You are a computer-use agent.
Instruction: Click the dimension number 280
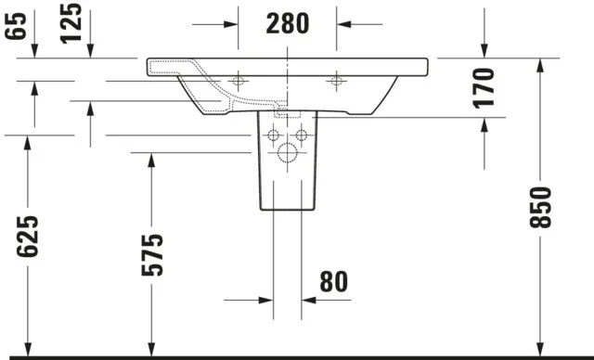pos(288,24)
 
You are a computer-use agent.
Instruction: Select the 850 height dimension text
pos(542,207)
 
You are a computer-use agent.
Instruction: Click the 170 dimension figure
pos(484,87)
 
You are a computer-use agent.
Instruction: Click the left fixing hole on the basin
pos(238,81)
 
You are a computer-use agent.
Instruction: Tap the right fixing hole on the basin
pos(336,81)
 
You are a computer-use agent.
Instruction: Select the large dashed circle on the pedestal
pos(287,152)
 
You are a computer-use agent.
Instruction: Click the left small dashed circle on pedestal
pos(273,135)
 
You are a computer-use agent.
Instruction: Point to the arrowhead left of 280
pos(232,24)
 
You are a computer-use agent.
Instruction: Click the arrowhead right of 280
pos(343,24)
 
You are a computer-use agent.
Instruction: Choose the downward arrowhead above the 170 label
pos(484,50)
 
